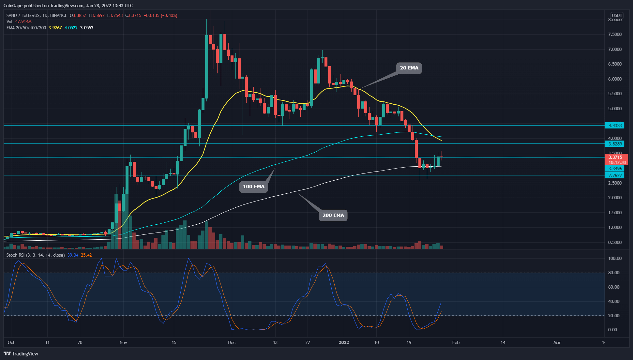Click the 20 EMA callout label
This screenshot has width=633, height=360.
point(409,68)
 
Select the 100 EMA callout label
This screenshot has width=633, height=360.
point(253,187)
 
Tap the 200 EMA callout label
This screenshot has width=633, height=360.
point(333,215)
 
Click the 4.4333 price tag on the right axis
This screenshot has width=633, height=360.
point(615,126)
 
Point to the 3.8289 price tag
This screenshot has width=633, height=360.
point(615,144)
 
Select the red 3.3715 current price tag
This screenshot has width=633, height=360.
point(615,157)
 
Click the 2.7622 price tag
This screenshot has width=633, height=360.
point(615,175)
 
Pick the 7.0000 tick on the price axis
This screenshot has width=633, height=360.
point(615,49)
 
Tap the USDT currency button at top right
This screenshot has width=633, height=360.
point(617,15)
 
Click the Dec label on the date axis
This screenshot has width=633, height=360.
point(232,342)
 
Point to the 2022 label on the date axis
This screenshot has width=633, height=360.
point(344,342)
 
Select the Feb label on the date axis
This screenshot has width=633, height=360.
point(456,342)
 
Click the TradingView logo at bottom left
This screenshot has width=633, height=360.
point(21,354)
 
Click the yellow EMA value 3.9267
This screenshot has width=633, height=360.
point(55,28)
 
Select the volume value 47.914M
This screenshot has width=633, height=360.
point(23,22)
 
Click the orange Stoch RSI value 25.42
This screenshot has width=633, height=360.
point(86,255)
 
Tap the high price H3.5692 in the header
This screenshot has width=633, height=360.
point(97,15)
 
